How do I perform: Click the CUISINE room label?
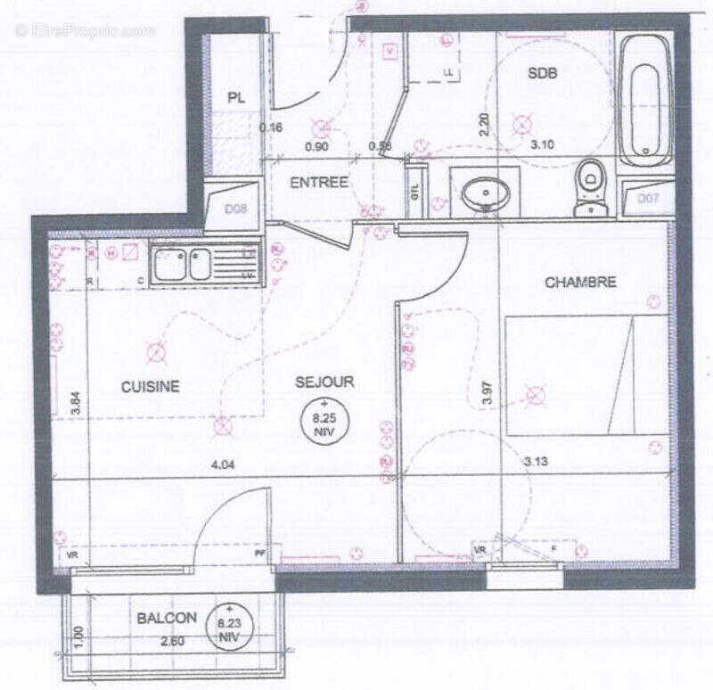click(x=151, y=386)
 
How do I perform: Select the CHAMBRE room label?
click(x=580, y=283)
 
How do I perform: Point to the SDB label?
click(x=542, y=75)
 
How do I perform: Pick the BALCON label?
click(x=167, y=618)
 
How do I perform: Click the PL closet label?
click(x=235, y=98)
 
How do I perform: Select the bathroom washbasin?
click(x=486, y=191)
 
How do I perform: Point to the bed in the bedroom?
click(x=586, y=374)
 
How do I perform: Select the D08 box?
click(x=234, y=211)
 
